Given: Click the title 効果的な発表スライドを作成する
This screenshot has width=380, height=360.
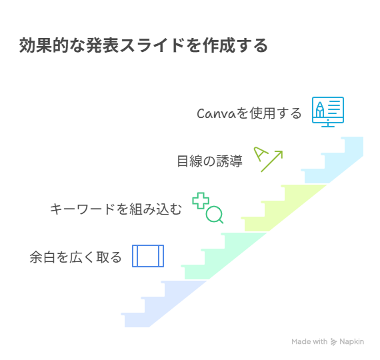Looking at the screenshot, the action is click(x=143, y=45).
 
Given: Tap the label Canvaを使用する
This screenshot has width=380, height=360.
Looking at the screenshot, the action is click(x=249, y=113).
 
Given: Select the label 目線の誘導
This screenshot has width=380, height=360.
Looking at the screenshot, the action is click(x=209, y=161).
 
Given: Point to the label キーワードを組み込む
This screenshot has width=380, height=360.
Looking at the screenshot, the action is click(x=116, y=209).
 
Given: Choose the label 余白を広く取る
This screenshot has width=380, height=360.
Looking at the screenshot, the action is click(x=75, y=257).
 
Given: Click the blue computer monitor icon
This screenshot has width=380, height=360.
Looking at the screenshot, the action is click(x=328, y=112).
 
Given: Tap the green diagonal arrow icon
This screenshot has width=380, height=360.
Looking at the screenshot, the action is click(x=272, y=161).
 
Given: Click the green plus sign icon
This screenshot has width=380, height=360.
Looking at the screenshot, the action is click(x=201, y=201).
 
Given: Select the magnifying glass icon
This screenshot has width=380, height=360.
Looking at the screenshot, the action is click(x=215, y=215).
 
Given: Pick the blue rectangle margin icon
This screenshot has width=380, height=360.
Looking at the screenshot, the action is click(x=148, y=256).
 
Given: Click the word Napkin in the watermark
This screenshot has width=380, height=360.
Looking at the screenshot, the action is click(x=351, y=342).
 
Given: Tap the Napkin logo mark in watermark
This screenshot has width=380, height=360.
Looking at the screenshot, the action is click(x=334, y=342).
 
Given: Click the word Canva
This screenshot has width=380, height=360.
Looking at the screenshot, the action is click(x=216, y=113).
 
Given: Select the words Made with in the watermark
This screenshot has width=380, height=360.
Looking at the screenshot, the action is click(x=309, y=341).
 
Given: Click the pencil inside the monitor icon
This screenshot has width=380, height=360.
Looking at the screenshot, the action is click(x=320, y=109).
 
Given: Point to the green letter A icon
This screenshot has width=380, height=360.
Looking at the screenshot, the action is click(x=261, y=154).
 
